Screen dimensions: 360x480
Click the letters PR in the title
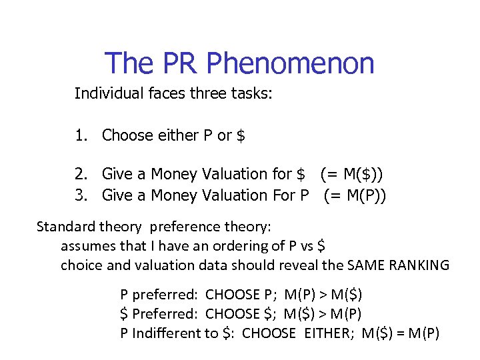[179, 63]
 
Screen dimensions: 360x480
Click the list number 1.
[81, 136]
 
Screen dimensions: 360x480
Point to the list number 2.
[81, 175]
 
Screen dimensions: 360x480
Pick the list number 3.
[81, 195]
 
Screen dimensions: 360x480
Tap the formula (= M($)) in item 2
[351, 175]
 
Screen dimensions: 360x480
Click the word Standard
[65, 227]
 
